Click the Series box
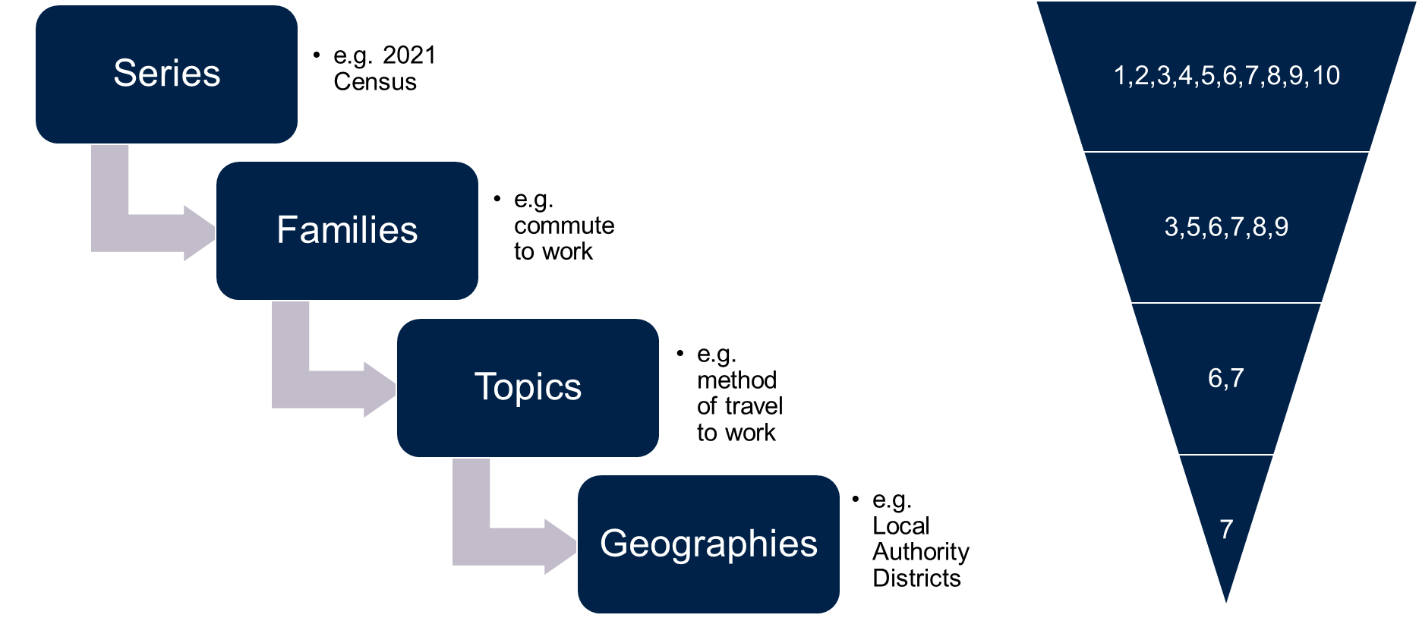[x=166, y=74]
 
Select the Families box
[x=347, y=231]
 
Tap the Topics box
[x=528, y=388]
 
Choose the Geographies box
[x=708, y=544]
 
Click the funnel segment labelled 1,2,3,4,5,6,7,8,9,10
[x=1226, y=76]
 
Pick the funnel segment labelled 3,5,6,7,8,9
[x=1226, y=227]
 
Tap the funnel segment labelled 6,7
[x=1226, y=378]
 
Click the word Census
[x=375, y=82]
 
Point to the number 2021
[x=409, y=55]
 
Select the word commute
[x=564, y=225]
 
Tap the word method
[x=736, y=380]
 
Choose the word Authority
[x=921, y=553]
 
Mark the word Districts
[x=916, y=579]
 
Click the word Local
[x=901, y=526]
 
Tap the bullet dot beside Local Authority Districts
[x=856, y=499]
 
